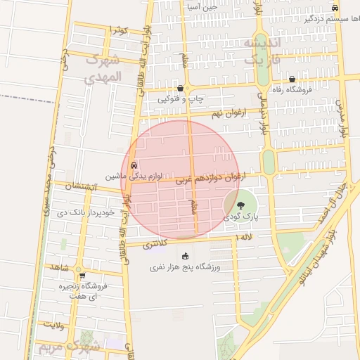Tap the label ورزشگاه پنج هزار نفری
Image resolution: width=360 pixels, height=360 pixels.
coord(185,268)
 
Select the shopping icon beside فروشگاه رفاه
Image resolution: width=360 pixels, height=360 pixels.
coord(292,79)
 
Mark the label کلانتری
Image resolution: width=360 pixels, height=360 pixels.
coord(155,245)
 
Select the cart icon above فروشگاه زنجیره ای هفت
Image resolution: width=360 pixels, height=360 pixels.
coord(82,275)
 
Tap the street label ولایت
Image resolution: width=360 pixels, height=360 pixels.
coord(53,325)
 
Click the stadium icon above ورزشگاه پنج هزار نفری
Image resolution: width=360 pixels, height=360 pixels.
coord(185,256)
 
